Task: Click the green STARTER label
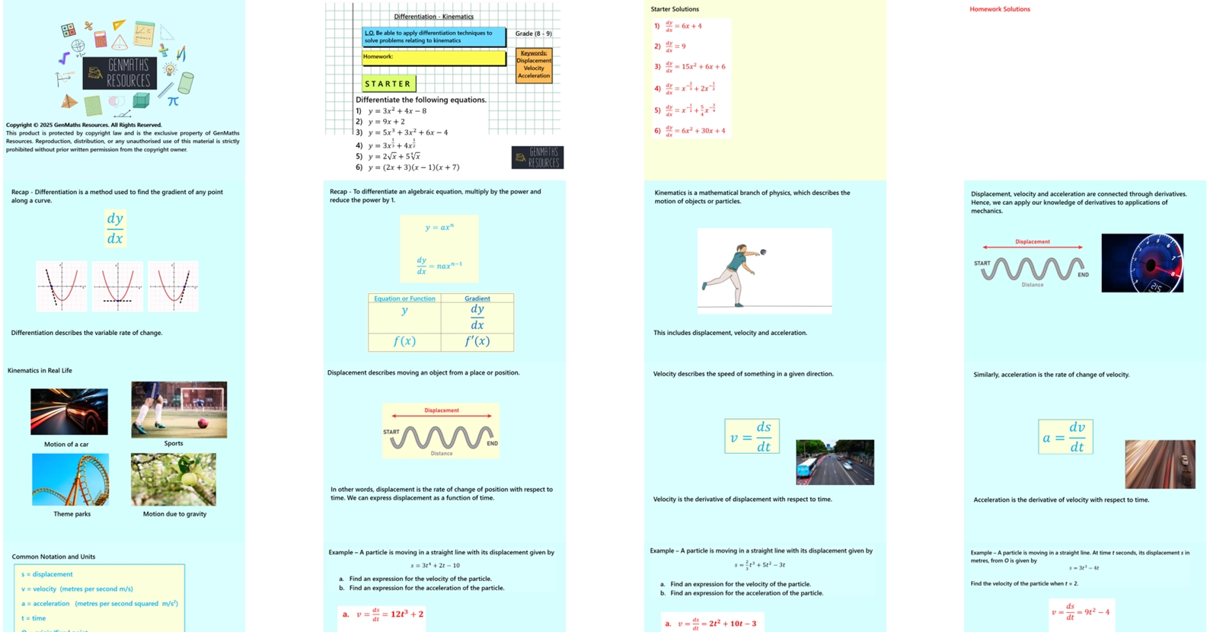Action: point(388,84)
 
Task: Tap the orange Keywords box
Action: point(534,65)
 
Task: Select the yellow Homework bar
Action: point(433,58)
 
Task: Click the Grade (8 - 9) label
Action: point(533,34)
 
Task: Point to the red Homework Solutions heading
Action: point(999,9)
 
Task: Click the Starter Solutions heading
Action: point(674,9)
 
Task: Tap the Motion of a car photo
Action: point(69,411)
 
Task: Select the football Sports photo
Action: point(179,410)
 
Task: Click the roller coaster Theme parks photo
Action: point(70,480)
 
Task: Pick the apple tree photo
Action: point(174,480)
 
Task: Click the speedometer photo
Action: point(1142,263)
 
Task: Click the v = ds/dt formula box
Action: point(752,436)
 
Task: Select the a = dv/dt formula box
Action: point(1065,437)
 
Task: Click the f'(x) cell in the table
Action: point(477,341)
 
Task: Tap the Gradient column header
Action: point(477,298)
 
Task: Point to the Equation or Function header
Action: point(404,298)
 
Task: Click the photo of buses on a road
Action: point(835,462)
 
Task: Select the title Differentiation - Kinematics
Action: point(433,16)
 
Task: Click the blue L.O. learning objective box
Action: point(433,37)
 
